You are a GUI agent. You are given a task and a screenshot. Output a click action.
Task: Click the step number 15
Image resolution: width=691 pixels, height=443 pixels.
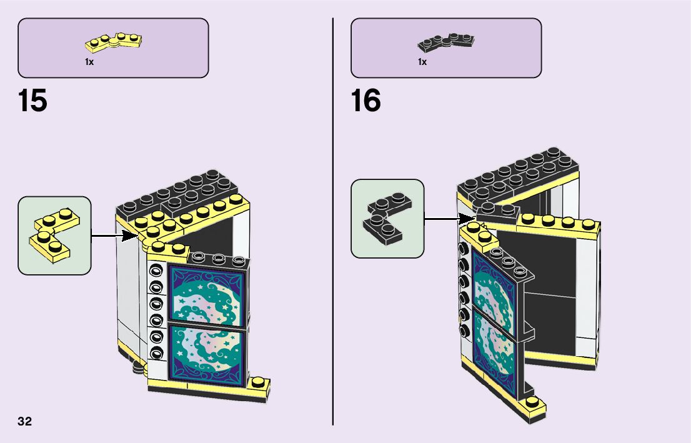(32, 101)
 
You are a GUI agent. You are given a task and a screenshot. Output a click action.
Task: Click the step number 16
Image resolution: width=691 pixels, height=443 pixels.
(365, 101)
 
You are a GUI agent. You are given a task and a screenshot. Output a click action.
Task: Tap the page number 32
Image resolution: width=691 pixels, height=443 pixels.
(24, 421)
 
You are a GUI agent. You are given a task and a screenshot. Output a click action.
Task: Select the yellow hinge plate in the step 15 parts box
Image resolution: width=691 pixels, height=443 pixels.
(113, 42)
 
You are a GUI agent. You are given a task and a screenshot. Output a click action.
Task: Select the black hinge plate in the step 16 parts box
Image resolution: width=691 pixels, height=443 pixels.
(445, 42)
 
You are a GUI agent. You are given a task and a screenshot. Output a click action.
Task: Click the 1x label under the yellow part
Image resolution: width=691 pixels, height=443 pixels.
(89, 62)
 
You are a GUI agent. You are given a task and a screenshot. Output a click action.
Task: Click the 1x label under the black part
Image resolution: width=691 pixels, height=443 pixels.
(422, 62)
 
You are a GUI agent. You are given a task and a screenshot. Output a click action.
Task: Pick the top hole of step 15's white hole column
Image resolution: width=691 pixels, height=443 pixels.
(156, 271)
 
